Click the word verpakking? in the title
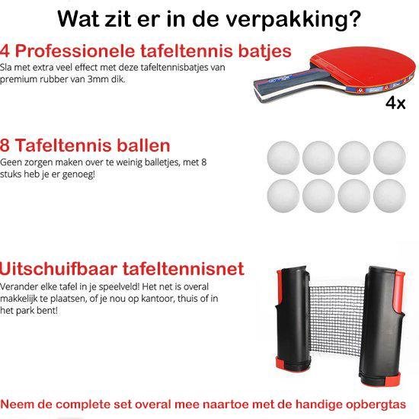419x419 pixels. pyautogui.click(x=293, y=20)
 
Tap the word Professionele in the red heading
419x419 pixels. pyautogui.click(x=75, y=51)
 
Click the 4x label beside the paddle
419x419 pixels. pyautogui.click(x=395, y=103)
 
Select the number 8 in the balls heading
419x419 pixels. pyautogui.click(x=5, y=146)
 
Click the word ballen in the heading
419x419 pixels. pyautogui.click(x=143, y=146)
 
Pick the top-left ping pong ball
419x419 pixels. pyautogui.click(x=283, y=158)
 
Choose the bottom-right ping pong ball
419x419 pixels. pyautogui.click(x=389, y=196)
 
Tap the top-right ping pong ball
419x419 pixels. pyautogui.click(x=389, y=158)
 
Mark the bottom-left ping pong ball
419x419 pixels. pyautogui.click(x=283, y=196)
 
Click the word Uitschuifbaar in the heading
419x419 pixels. pyautogui.click(x=59, y=269)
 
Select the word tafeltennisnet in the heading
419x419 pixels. pyautogui.click(x=184, y=269)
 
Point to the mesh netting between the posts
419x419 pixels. pyautogui.click(x=335, y=321)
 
